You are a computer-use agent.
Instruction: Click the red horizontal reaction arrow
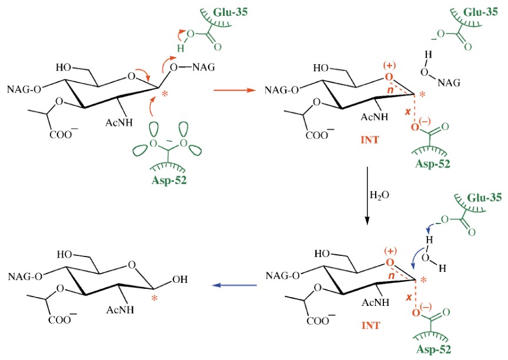pyautogui.click(x=233, y=91)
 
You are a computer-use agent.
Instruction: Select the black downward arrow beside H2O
pyautogui.click(x=367, y=195)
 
